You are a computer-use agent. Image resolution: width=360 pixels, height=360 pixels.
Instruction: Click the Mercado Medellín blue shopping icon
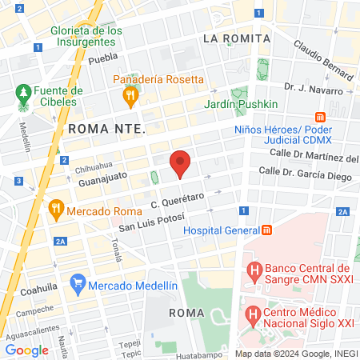tap(78, 283)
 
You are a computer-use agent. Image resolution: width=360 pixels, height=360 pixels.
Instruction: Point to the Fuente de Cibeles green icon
tap(22, 94)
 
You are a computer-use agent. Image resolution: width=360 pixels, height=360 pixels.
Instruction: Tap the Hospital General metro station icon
tap(266, 230)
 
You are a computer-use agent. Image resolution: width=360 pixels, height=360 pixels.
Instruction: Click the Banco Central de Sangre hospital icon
tap(254, 272)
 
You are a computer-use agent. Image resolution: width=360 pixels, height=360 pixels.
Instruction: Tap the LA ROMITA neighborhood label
tap(236, 38)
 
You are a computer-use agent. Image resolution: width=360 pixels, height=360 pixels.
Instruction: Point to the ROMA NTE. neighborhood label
tap(106, 128)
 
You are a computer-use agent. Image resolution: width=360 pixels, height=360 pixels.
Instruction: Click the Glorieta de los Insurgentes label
tap(86, 36)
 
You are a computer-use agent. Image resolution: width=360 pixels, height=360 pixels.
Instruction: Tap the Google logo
tap(26, 350)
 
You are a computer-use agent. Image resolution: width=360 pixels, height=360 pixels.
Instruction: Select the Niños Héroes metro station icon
tap(321, 116)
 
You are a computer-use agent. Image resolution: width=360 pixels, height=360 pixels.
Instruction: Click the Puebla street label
tap(102, 59)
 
